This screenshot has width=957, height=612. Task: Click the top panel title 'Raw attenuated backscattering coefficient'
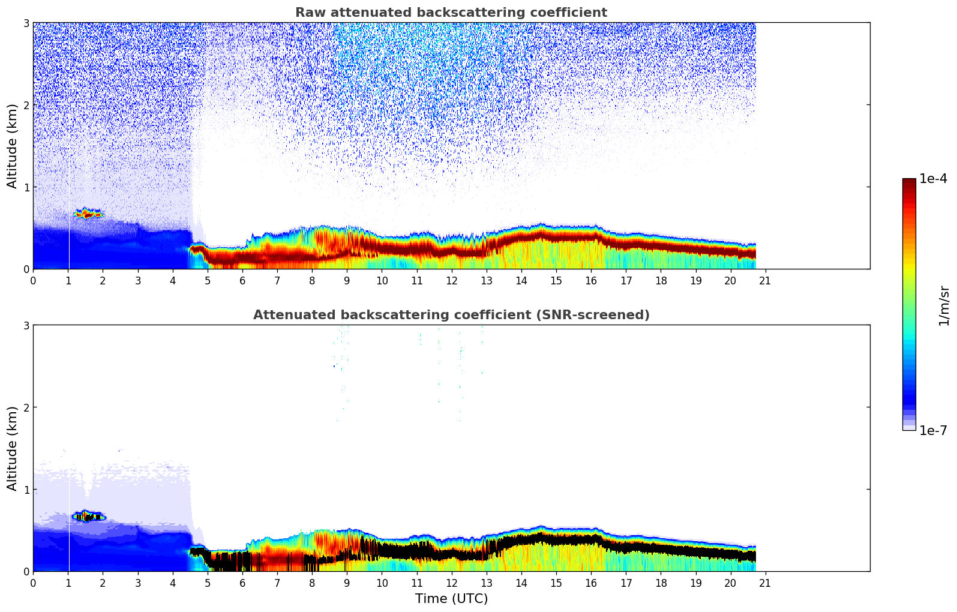coord(451,13)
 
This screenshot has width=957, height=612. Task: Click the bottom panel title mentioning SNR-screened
coord(451,315)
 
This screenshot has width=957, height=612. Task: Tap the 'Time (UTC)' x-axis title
coord(451,599)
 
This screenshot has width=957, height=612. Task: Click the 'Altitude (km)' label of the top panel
coord(12,146)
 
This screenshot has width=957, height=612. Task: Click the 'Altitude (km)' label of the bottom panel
coord(12,448)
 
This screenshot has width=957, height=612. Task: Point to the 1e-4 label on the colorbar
coord(933,179)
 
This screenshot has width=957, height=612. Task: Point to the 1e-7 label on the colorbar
coord(933,431)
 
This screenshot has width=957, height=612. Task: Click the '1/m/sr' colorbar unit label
coord(944,305)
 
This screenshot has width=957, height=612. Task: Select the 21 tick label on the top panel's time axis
coord(765,280)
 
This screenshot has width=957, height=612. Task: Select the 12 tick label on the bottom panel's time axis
coord(451,583)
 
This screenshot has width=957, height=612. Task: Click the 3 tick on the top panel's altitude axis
coord(26,23)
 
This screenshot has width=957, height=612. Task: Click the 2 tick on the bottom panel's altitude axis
coord(26,407)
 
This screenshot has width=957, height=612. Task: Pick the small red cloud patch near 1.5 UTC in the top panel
coord(88,214)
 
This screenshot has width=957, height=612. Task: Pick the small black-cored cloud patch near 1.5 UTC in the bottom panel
coord(88,516)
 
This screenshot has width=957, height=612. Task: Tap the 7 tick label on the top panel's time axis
coord(277,280)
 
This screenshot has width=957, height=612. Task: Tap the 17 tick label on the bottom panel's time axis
coord(626,583)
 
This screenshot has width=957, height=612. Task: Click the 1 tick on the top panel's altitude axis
coord(26,187)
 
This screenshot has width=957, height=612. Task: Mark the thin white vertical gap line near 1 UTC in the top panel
coord(69,240)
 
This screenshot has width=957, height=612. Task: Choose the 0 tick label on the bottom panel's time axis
coord(33,583)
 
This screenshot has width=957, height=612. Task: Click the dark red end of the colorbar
coord(909,181)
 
